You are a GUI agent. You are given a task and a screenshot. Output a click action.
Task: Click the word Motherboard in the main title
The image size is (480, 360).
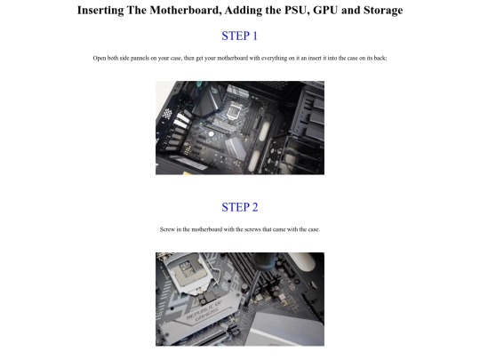click(185, 10)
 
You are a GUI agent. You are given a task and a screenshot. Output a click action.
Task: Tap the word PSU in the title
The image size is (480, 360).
click(296, 10)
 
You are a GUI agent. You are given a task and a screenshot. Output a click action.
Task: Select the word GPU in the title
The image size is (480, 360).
click(325, 10)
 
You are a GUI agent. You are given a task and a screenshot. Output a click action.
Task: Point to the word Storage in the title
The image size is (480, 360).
click(383, 11)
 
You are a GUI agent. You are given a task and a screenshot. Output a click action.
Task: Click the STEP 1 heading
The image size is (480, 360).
click(240, 36)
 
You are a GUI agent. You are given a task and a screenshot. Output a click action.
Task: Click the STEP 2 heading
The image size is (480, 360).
click(240, 207)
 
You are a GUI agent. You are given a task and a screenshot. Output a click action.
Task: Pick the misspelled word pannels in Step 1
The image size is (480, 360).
click(140, 58)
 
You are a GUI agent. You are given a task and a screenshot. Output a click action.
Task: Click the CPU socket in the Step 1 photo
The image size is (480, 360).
click(236, 109)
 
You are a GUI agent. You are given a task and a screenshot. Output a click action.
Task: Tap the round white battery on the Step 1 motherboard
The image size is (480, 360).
click(211, 133)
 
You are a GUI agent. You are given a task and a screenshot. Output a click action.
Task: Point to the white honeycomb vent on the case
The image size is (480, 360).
click(167, 114)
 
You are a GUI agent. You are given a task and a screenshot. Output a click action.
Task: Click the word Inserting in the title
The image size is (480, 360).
click(100, 11)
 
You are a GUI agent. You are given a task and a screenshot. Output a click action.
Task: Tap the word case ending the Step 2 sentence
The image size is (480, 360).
click(314, 229)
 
